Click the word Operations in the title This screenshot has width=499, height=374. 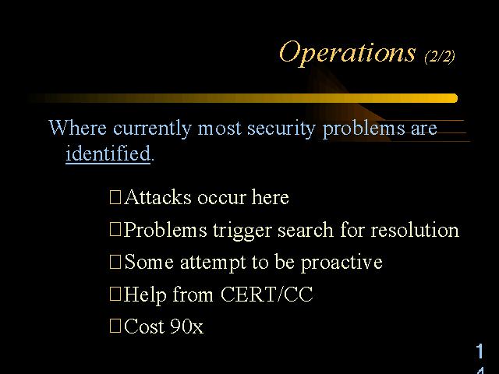click(x=347, y=53)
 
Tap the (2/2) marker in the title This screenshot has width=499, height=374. click(x=440, y=57)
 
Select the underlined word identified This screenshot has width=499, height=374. click(x=108, y=153)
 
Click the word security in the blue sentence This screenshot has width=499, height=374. click(x=281, y=129)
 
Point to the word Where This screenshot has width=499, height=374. click(x=77, y=128)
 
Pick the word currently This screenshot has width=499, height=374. click(x=153, y=129)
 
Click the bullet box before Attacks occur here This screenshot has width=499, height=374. click(x=115, y=197)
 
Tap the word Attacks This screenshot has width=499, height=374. click(x=157, y=197)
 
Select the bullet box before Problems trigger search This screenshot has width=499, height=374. click(x=115, y=229)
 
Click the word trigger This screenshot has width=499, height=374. click(x=242, y=231)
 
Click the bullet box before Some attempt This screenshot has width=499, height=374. click(x=115, y=262)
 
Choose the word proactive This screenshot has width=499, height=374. click(x=342, y=263)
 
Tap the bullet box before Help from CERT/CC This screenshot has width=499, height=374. click(x=115, y=295)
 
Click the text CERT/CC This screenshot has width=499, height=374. click(x=267, y=294)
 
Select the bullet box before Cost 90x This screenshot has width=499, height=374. click(x=115, y=326)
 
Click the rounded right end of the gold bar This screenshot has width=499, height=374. click(x=455, y=98)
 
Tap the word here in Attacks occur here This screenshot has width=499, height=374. click(x=271, y=197)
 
